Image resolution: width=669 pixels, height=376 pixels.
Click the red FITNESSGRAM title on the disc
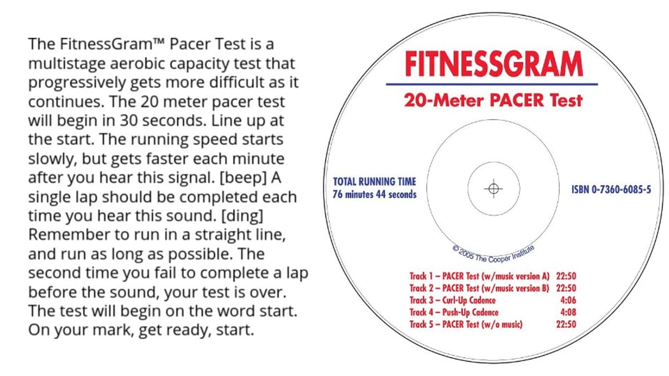coord(493,65)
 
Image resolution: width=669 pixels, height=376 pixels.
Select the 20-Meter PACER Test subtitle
coord(493,100)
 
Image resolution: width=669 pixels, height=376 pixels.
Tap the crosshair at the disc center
coord(493,188)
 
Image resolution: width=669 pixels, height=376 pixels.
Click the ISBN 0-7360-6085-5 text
coord(611,190)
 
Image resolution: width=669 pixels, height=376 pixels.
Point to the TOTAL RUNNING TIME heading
coord(374,182)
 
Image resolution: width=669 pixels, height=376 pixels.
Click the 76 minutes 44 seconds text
coord(374,194)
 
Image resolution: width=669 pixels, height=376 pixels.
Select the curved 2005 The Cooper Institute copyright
coord(493,253)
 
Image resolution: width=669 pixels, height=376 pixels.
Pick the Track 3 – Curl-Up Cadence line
coord(452,300)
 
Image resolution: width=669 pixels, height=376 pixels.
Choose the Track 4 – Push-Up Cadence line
coord(454,312)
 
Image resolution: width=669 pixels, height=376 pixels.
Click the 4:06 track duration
coord(568,300)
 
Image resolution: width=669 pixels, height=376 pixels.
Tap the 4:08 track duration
coord(568,312)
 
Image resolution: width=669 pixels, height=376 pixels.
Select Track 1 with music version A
coord(479,276)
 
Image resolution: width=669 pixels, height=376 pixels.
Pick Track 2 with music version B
coord(479,288)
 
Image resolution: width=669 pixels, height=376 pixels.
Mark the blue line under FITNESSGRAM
coord(493,84)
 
